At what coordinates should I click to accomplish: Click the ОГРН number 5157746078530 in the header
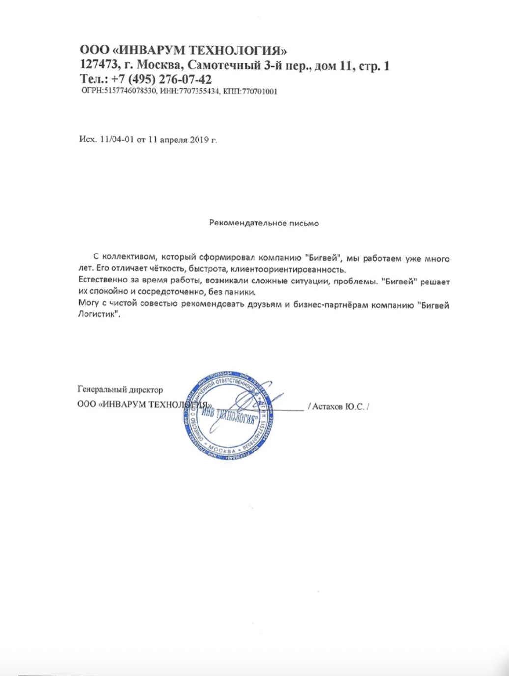[x=127, y=92]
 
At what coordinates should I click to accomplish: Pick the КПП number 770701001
[x=257, y=92]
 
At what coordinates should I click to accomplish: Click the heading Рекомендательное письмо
[x=264, y=223]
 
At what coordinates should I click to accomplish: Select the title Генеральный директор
[x=120, y=390]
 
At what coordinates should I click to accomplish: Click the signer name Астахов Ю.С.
[x=338, y=407]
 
